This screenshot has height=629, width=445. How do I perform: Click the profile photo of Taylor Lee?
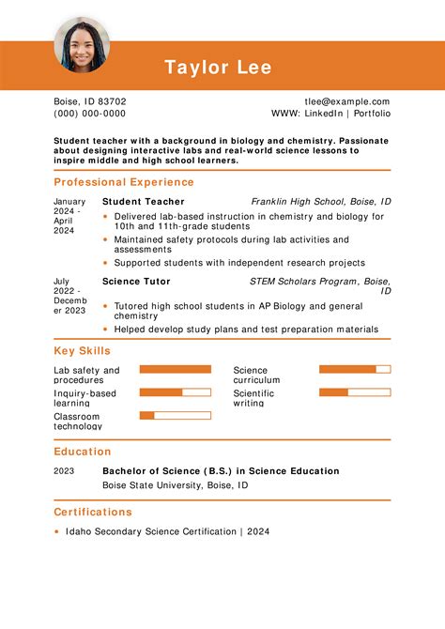[x=82, y=44]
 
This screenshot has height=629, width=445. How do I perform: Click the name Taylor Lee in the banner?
[x=218, y=68]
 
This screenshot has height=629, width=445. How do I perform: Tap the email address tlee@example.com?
[x=346, y=101]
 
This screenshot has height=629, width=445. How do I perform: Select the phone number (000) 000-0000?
[x=89, y=114]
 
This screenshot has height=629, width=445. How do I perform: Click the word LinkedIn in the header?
[x=321, y=114]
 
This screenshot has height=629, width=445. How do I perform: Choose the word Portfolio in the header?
[x=372, y=114]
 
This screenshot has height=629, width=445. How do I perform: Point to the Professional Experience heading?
[x=124, y=182]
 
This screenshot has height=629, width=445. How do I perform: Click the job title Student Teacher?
[x=143, y=202]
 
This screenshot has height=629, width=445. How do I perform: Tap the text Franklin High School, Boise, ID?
[x=321, y=202]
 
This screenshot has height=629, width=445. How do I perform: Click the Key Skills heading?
[x=82, y=351]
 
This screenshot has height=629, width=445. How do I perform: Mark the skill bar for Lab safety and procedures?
[x=176, y=370]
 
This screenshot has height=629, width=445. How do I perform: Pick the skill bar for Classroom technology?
[x=176, y=415]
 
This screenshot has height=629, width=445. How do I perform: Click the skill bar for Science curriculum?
[x=355, y=370]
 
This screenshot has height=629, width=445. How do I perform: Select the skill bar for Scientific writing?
[x=355, y=392]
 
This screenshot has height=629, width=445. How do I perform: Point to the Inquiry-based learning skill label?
[x=84, y=398]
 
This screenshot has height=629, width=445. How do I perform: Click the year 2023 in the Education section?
[x=64, y=471]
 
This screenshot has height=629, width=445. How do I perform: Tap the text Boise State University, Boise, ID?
[x=175, y=485]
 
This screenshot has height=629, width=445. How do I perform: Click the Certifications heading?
[x=93, y=513]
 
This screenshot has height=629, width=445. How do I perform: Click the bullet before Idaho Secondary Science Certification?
[x=57, y=532]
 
